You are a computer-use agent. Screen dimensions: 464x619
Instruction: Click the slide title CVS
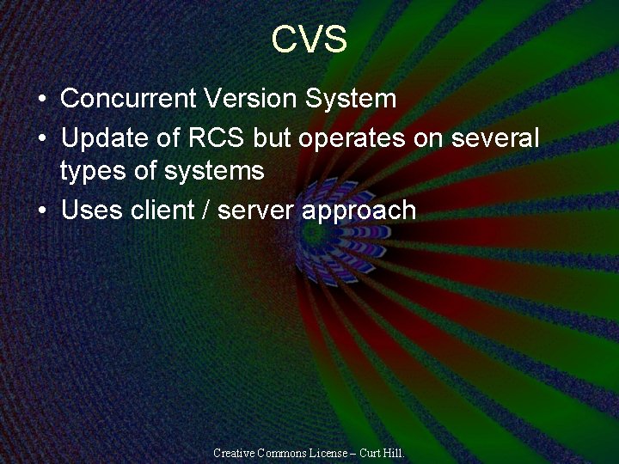click(x=309, y=40)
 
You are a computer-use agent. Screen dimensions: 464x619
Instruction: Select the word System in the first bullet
click(x=351, y=99)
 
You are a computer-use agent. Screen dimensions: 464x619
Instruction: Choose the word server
click(x=256, y=211)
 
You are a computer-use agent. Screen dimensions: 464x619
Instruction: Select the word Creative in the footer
click(x=235, y=452)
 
